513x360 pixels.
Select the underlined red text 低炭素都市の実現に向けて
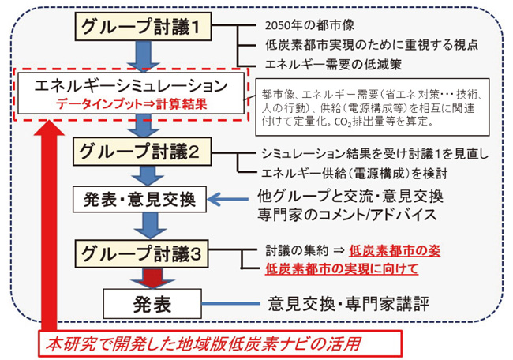[x=341, y=269]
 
